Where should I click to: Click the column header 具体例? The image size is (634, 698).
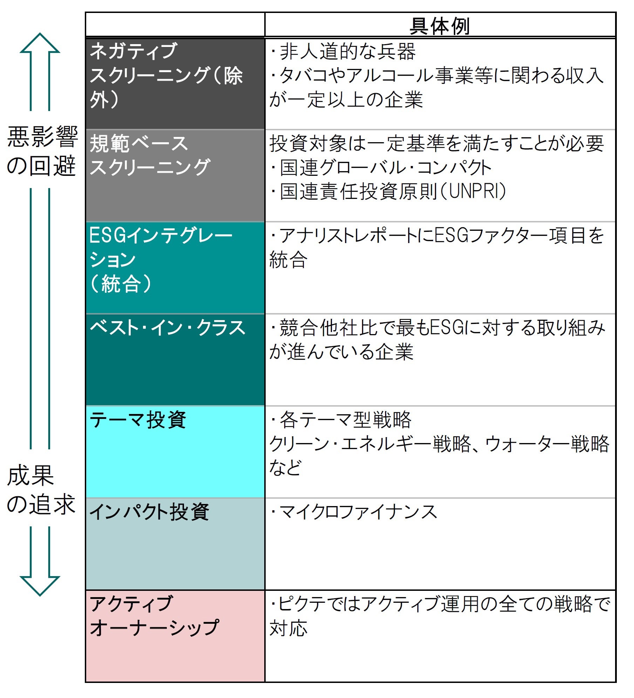pyautogui.click(x=439, y=26)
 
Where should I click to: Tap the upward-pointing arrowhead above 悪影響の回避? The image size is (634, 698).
pyautogui.click(x=40, y=44)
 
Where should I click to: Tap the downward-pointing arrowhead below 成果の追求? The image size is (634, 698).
pyautogui.click(x=40, y=585)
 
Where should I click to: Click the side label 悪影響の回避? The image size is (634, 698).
pyautogui.click(x=42, y=151)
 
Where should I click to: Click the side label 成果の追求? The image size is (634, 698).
pyautogui.click(x=41, y=490)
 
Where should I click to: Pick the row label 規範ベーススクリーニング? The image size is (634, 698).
pyautogui.click(x=150, y=155)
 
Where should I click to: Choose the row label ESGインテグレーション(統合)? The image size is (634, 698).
pyautogui.click(x=161, y=259)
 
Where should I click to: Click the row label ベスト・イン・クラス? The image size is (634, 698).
pyautogui.click(x=168, y=328)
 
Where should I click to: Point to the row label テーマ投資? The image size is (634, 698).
pyautogui.click(x=138, y=420)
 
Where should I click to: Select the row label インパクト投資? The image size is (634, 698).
pyautogui.click(x=150, y=512)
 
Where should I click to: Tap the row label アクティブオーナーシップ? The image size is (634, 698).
pyautogui.click(x=154, y=615)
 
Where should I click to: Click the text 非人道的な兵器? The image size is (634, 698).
pyautogui.click(x=347, y=51)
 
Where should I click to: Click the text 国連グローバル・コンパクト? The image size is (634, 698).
pyautogui.click(x=386, y=167)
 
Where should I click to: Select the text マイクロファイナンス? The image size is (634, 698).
pyautogui.click(x=358, y=512)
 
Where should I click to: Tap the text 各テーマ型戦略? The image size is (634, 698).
pyautogui.click(x=345, y=420)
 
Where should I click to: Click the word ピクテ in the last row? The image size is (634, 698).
pyautogui.click(x=302, y=604)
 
